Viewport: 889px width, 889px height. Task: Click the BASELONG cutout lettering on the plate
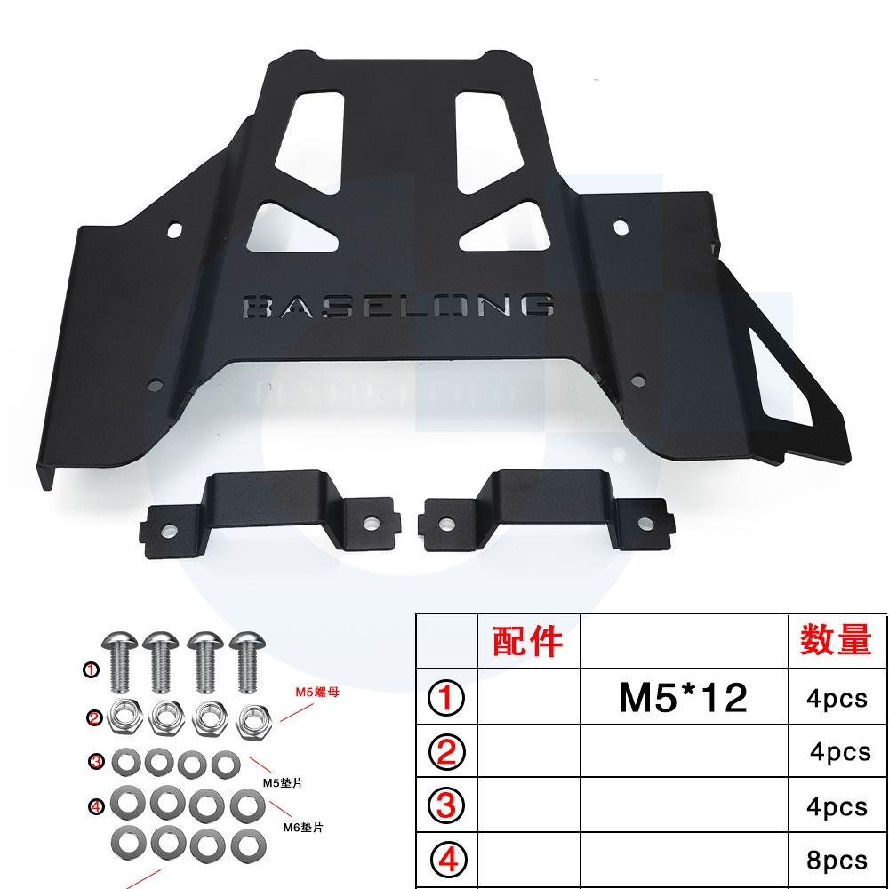click(x=397, y=306)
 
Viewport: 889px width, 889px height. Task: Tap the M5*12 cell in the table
click(x=684, y=699)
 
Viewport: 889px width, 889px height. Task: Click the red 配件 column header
click(x=528, y=640)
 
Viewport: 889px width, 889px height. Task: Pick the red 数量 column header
click(x=836, y=640)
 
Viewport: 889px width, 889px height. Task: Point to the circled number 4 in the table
click(x=447, y=860)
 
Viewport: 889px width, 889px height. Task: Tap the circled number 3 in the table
click(x=447, y=806)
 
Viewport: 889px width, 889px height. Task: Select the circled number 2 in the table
click(x=447, y=753)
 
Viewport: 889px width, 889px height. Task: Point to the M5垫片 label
click(x=284, y=782)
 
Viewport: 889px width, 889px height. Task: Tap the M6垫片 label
click(x=302, y=827)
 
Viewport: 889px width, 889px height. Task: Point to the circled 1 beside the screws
click(x=91, y=670)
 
